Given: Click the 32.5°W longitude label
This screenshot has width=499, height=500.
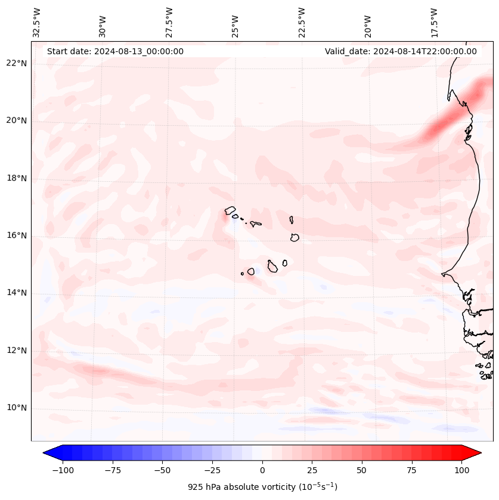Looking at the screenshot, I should coord(37,23).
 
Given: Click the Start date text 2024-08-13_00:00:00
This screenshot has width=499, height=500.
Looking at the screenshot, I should coord(115,51).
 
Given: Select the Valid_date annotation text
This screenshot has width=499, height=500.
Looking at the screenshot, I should coord(401,51).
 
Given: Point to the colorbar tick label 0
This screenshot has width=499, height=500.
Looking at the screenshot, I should coord(262,470).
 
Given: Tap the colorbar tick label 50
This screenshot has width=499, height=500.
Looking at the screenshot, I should coord(361,470).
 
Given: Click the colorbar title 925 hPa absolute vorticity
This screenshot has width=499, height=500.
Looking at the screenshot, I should coord(262,487).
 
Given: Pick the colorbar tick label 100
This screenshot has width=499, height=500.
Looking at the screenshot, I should coord(461,470).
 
